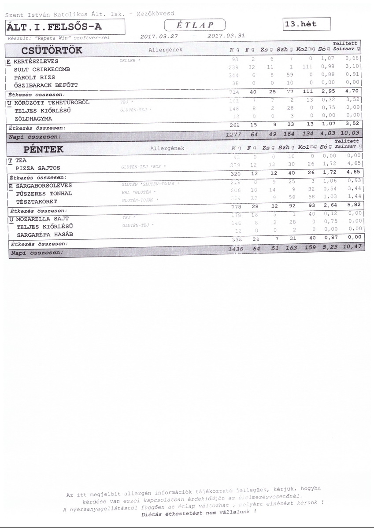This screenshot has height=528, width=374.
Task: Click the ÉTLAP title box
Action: pos(194,26)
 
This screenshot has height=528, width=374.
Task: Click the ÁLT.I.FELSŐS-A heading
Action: pos(54,28)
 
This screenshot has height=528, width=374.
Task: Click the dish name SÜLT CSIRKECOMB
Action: pos(42,70)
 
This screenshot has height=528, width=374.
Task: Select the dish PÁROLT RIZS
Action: pos(34,77)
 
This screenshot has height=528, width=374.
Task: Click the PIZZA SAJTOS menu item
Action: pos(38,168)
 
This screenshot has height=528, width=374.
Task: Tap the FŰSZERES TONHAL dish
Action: pos(44,194)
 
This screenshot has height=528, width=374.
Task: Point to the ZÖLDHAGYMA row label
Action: pos(33,119)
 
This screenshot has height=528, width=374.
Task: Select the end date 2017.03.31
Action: pos(226,36)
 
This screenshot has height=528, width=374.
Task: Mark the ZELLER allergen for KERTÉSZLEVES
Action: pos(128,61)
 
